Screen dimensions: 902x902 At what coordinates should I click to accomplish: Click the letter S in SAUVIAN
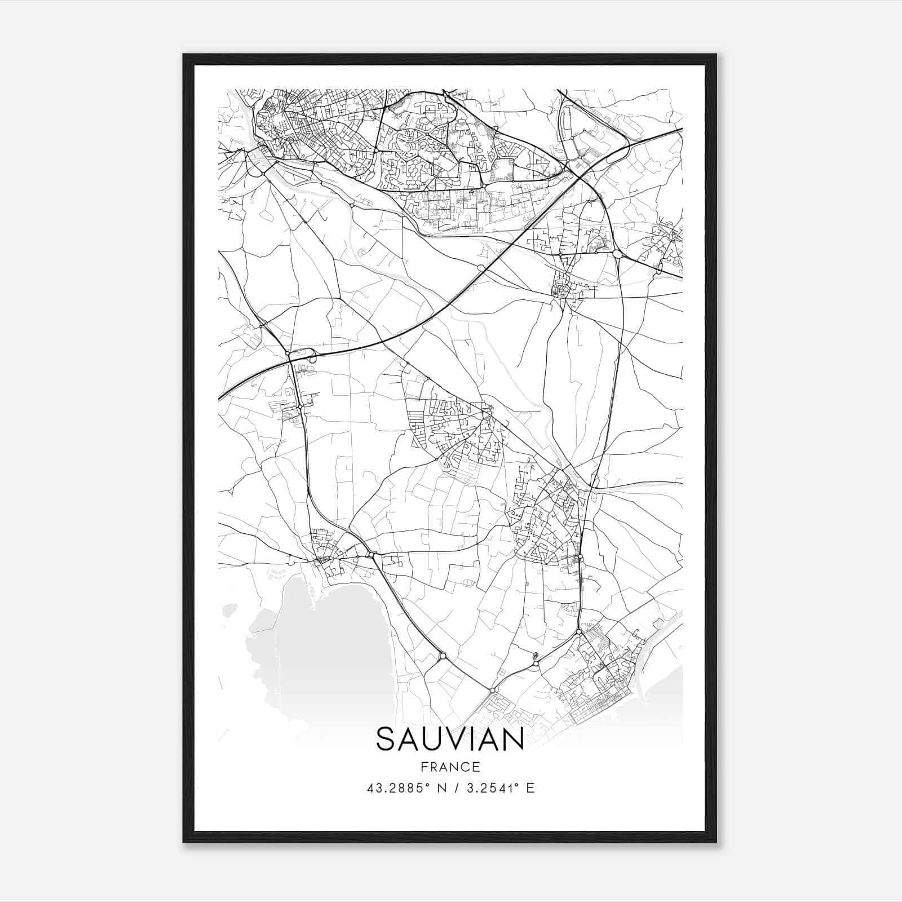click(386, 739)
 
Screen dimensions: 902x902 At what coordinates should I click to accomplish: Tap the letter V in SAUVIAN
click(456, 739)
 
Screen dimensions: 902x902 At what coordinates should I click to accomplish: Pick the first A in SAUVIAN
click(409, 739)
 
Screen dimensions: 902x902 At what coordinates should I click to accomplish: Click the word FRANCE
click(450, 767)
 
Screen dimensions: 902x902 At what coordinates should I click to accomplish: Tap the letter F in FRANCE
click(425, 767)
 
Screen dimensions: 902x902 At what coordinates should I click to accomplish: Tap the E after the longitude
click(530, 788)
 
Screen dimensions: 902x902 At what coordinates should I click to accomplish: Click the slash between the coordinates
click(455, 788)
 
